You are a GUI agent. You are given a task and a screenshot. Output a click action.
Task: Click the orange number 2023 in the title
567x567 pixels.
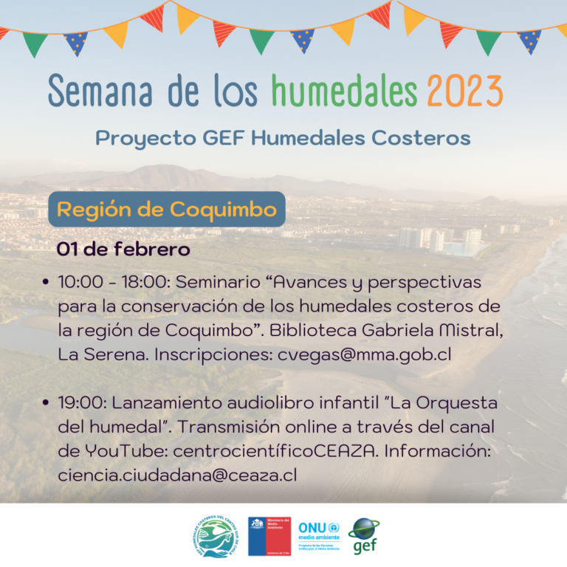pyautogui.click(x=464, y=92)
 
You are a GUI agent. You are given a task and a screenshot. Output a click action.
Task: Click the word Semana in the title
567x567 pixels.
pyautogui.click(x=99, y=92)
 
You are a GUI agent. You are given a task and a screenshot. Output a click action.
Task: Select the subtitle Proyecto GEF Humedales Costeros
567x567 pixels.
pyautogui.click(x=283, y=138)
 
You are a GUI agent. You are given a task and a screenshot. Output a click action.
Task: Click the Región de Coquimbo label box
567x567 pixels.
pyautogui.click(x=166, y=210)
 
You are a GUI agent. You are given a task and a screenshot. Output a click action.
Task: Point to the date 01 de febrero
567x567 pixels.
pyautogui.click(x=123, y=250)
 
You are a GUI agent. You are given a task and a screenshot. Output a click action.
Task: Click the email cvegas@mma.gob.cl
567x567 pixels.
pyautogui.click(x=374, y=354)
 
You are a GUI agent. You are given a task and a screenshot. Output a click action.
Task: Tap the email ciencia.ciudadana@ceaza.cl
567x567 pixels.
pyautogui.click(x=177, y=475)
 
